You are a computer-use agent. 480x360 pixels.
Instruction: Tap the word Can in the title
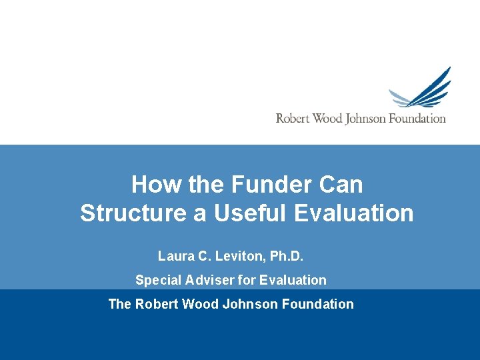[x=341, y=184]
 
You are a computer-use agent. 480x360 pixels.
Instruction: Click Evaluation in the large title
[x=353, y=213]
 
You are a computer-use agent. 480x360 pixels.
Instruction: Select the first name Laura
[x=175, y=255]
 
